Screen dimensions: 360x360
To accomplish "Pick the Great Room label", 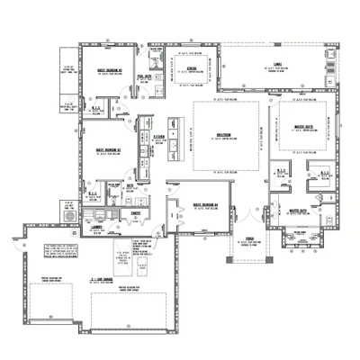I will point(225,136).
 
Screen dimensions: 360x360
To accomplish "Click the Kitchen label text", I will point(158,136).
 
